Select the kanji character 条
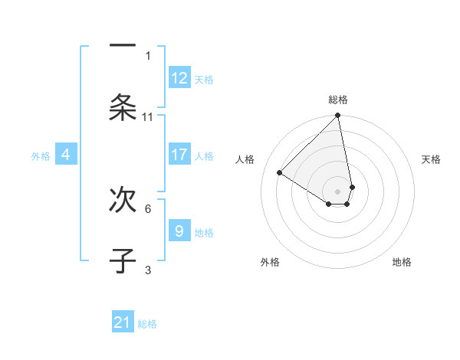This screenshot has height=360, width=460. [123, 107]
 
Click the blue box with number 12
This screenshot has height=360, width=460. [179, 78]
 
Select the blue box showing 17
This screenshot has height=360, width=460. [179, 155]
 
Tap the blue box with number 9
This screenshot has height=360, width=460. [179, 231]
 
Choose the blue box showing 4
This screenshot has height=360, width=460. [66, 155]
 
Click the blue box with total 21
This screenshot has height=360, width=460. [123, 322]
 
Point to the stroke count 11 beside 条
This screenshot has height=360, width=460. [148, 117]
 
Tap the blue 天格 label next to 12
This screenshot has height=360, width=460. [204, 80]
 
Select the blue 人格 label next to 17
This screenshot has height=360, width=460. [204, 156]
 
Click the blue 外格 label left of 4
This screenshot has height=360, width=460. [41, 156]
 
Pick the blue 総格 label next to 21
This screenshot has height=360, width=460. [147, 324]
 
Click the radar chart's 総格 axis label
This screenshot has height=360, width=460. [338, 100]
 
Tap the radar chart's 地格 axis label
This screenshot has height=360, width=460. [402, 262]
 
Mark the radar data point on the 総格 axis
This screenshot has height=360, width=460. [338, 116]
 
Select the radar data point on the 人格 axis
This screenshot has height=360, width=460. [280, 173]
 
